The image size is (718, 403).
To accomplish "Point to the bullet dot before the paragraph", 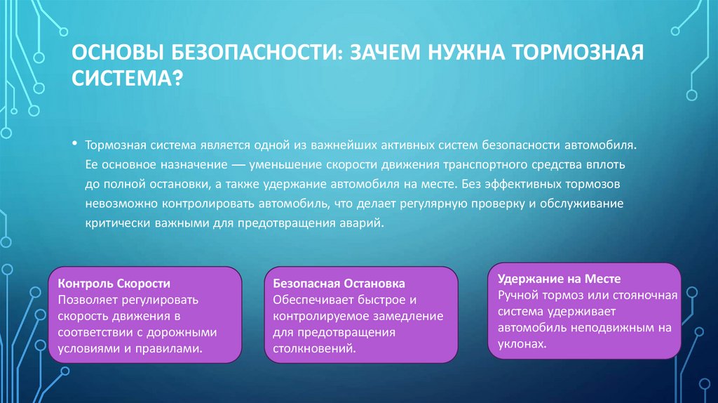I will pos(74,143).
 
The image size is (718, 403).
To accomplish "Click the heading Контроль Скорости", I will pos(114,284).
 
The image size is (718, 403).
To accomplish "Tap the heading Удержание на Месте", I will pos(560,278).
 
